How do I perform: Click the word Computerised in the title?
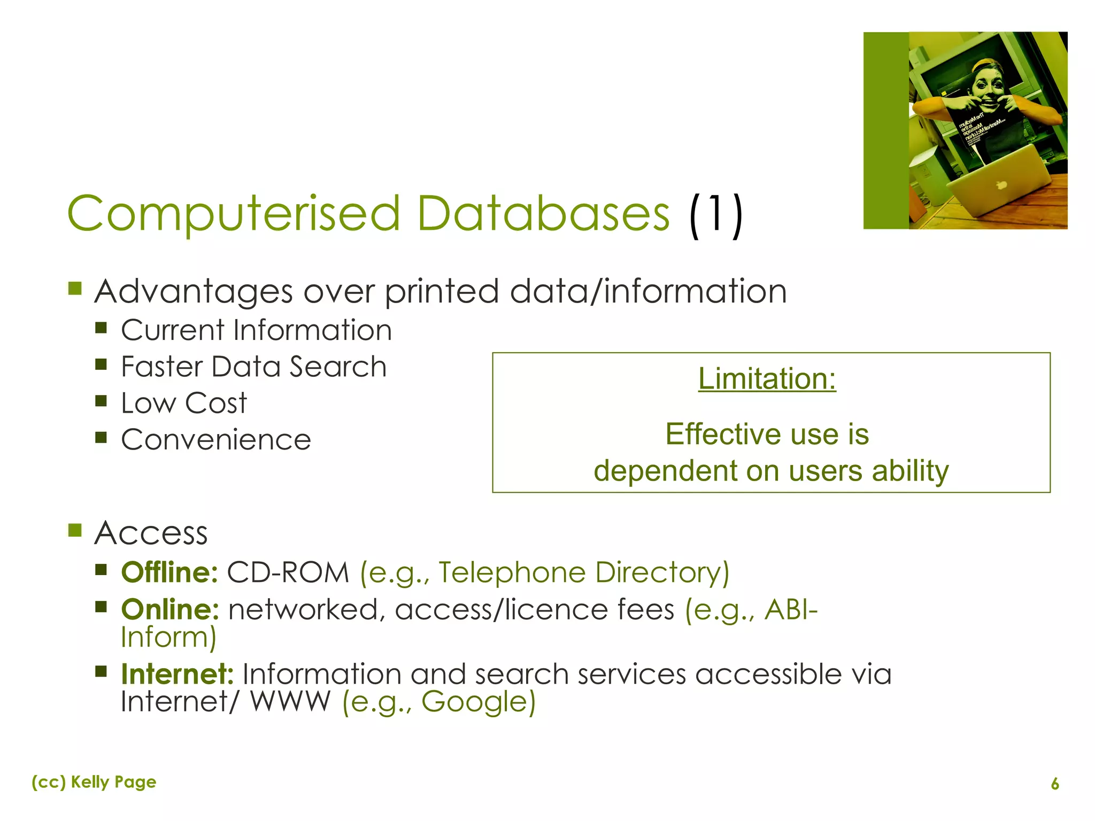click(x=234, y=214)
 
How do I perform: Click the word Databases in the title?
click(x=543, y=214)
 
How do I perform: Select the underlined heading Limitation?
click(x=767, y=379)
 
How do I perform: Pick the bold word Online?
click(x=170, y=609)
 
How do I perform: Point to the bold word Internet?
click(x=177, y=674)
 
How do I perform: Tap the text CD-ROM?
click(x=288, y=572)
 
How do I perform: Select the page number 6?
click(x=1055, y=784)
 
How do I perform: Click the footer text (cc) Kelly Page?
click(x=94, y=782)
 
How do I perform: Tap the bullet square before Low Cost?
click(x=101, y=401)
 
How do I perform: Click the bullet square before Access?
click(x=75, y=530)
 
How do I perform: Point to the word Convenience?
click(x=216, y=440)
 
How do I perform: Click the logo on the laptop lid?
click(x=1000, y=185)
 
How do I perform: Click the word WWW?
click(x=290, y=702)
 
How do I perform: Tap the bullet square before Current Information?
click(x=101, y=327)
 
